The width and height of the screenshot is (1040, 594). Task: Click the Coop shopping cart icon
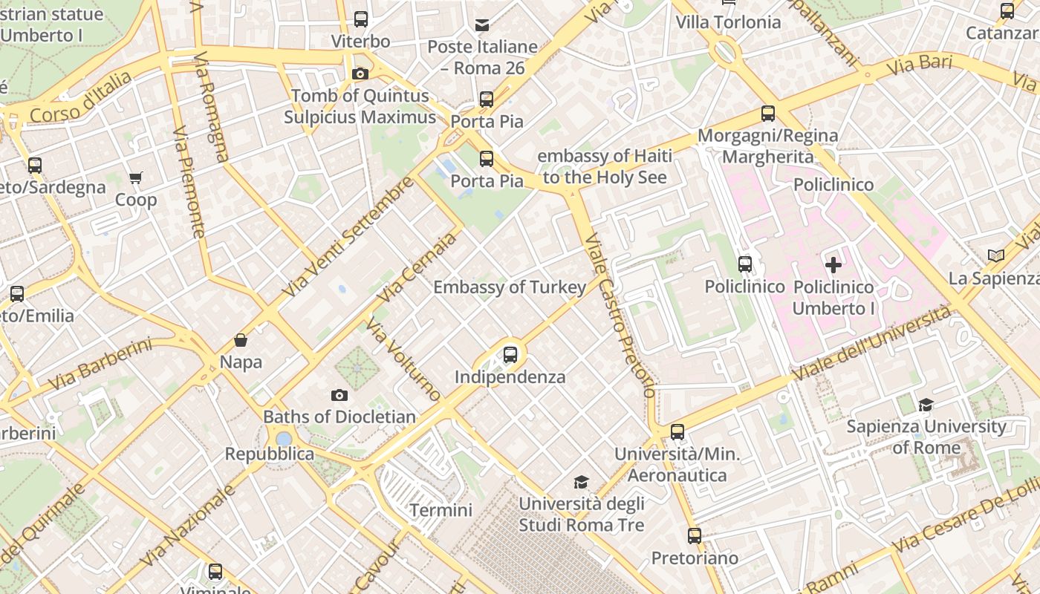(135, 178)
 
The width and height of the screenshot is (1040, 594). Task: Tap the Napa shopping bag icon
(240, 341)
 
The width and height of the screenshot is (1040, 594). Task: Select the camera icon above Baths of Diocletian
(339, 395)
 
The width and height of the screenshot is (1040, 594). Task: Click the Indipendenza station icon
(510, 355)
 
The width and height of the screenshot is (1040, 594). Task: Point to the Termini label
(441, 510)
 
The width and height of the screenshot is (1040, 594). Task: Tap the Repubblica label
(269, 454)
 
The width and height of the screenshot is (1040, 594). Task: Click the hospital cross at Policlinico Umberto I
(833, 264)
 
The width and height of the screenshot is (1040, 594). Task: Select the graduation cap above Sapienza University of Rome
(926, 405)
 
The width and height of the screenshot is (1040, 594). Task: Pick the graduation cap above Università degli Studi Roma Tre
(581, 482)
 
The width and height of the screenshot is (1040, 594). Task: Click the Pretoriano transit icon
(695, 535)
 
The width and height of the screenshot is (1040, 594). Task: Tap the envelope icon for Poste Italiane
(482, 25)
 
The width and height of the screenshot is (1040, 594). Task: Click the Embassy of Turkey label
(510, 287)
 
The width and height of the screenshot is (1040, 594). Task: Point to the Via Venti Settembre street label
(348, 237)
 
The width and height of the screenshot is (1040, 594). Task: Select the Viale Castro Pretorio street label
(620, 316)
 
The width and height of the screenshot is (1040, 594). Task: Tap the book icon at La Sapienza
(995, 256)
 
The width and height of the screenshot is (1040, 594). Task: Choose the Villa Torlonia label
(728, 22)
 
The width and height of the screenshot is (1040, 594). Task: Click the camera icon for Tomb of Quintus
(360, 74)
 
